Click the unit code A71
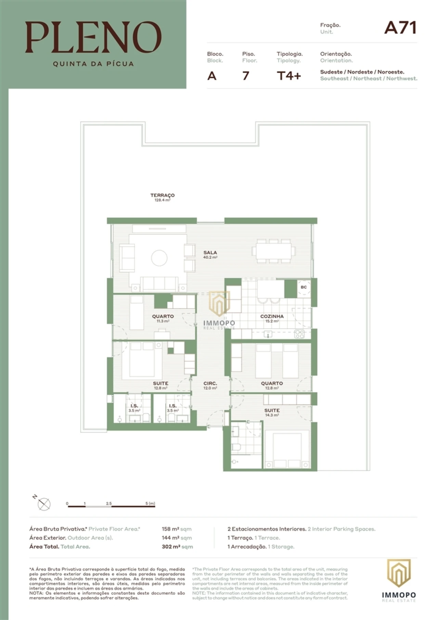point(400,28)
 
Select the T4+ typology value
point(288,76)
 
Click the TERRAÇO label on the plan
point(163,195)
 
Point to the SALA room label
point(210,253)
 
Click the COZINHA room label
point(272,316)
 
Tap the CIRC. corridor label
point(210,383)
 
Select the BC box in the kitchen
point(304,287)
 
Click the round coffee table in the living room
point(159,258)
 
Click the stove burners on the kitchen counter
point(299,334)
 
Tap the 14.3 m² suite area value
point(272,415)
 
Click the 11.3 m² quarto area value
point(163,321)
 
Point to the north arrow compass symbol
point(44,504)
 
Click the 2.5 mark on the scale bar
point(109,503)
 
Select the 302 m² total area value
point(171,546)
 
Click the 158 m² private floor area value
point(170,529)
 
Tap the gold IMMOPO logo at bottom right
point(399,573)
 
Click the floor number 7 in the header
point(245,76)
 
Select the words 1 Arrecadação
point(247,546)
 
